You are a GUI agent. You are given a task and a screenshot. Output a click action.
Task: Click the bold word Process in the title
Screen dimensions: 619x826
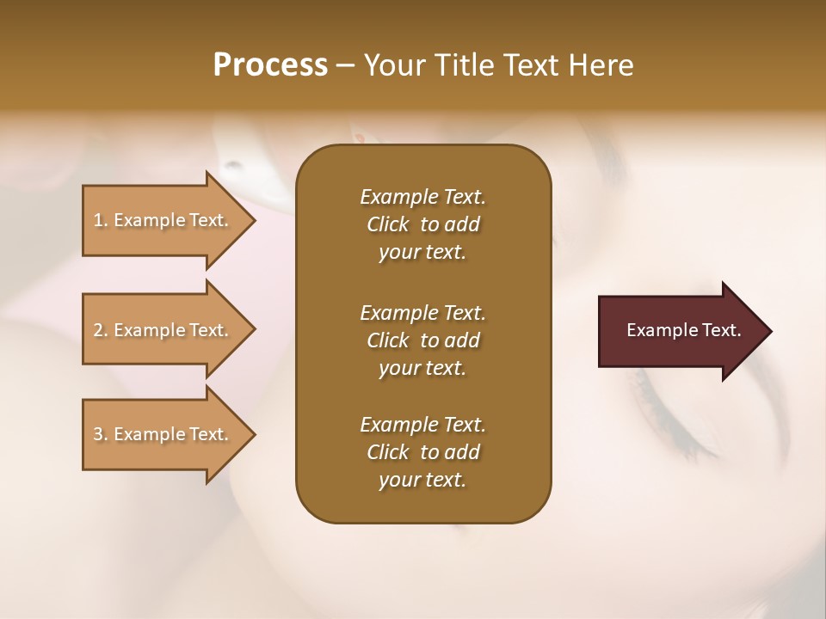(x=270, y=65)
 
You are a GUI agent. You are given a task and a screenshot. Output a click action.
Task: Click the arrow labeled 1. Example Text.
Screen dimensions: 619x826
(x=163, y=220)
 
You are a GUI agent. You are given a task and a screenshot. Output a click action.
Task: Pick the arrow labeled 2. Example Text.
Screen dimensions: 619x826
(x=163, y=330)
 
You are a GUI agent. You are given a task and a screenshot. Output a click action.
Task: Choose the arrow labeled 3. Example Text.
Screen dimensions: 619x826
(x=163, y=434)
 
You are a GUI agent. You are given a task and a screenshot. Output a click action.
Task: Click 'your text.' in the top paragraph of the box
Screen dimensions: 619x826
(x=422, y=253)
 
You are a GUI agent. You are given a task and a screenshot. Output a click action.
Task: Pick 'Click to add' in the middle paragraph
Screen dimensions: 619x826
(x=422, y=340)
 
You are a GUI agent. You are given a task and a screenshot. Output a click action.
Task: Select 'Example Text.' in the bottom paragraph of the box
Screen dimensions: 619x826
(x=422, y=425)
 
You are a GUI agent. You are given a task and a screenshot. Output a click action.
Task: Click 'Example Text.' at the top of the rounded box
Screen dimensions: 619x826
(x=422, y=197)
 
